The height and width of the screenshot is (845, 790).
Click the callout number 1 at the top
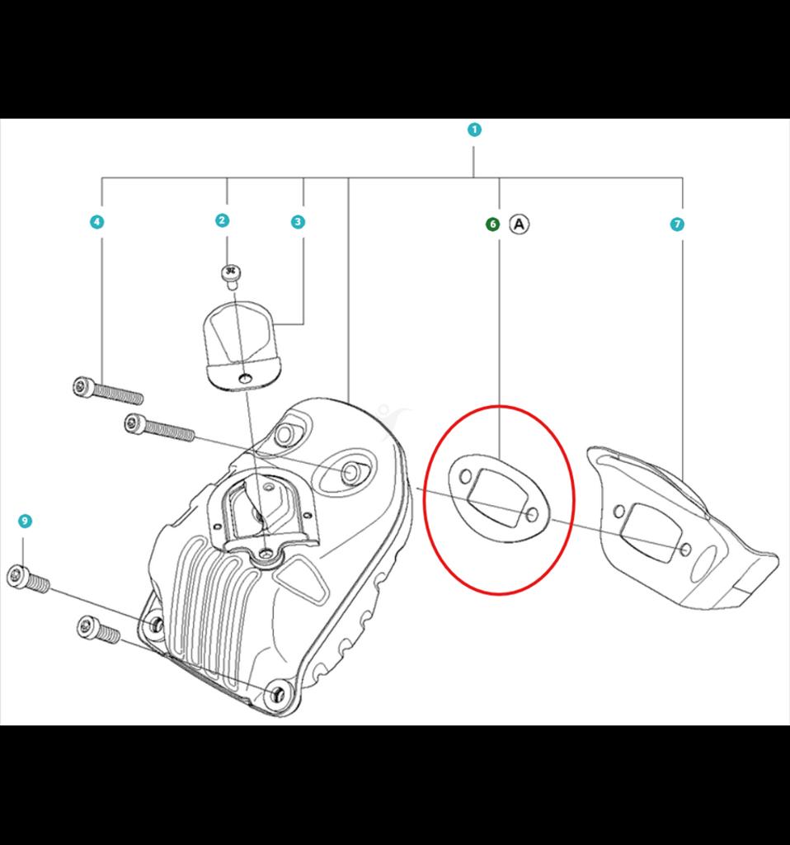tap(474, 130)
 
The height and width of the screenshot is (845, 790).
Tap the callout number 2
tap(222, 220)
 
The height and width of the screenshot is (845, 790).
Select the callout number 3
tap(298, 221)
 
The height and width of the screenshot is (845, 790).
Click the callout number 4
tap(97, 221)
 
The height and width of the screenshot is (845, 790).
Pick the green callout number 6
tap(493, 224)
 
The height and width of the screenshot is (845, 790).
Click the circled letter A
tap(520, 224)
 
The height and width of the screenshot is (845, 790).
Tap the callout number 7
tap(677, 224)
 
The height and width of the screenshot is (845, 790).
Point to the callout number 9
tap(25, 521)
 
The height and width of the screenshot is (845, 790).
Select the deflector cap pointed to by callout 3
tap(242, 345)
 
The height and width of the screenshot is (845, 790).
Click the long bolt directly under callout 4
tap(108, 390)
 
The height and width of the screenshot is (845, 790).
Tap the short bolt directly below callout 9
tap(28, 578)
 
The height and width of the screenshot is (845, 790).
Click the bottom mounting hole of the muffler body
tap(278, 695)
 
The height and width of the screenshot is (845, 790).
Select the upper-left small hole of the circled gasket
tap(465, 476)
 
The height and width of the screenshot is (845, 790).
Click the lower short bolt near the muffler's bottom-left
tap(99, 630)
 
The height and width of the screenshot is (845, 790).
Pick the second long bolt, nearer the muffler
tap(159, 427)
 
